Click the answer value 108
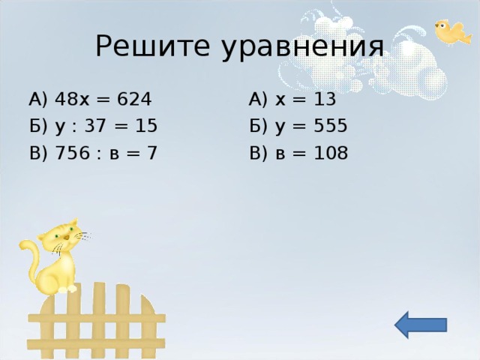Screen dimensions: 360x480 point(331,153)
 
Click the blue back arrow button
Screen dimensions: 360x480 point(420,325)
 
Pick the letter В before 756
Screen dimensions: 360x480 point(35,153)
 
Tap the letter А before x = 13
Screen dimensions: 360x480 point(256,99)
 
